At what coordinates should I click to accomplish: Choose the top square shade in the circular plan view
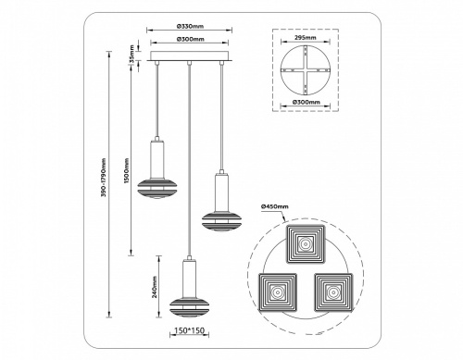coord(305,243)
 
